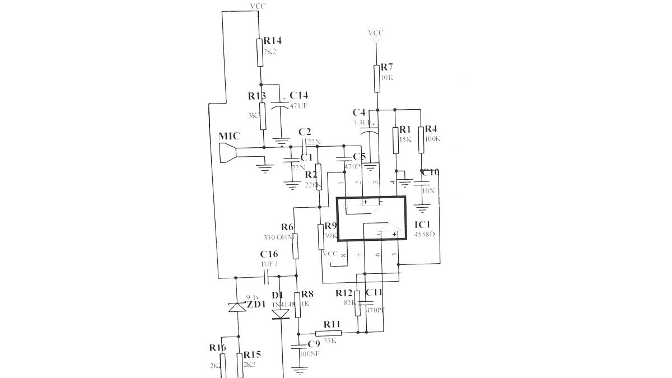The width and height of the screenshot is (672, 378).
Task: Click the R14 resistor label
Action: pyautogui.click(x=273, y=41)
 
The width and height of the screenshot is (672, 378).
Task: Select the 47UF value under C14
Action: pyautogui.click(x=298, y=105)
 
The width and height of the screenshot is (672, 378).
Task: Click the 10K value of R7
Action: pyautogui.click(x=386, y=77)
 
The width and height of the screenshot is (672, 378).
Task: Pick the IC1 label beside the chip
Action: pyautogui.click(x=422, y=224)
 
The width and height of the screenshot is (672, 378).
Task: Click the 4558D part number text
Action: pyautogui.click(x=424, y=234)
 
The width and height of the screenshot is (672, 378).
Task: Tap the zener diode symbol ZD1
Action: pyautogui.click(x=237, y=307)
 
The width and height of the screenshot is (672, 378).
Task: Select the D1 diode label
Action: pyautogui.click(x=278, y=295)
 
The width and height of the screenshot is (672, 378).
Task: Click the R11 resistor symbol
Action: pyautogui.click(x=324, y=333)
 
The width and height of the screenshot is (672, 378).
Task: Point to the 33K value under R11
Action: pyautogui.click(x=330, y=340)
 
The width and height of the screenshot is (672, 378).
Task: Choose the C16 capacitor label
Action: pyautogui.click(x=269, y=254)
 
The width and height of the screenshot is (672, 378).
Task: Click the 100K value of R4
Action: pyautogui.click(x=432, y=139)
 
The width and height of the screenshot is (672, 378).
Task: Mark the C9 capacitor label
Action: pyautogui.click(x=314, y=344)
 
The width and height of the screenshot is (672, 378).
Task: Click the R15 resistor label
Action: pyautogui.click(x=252, y=354)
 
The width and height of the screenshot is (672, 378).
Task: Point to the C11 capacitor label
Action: pyautogui.click(x=374, y=292)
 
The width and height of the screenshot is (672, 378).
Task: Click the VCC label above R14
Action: pyautogui.click(x=258, y=6)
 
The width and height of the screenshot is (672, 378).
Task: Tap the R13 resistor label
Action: pyautogui.click(x=257, y=96)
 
